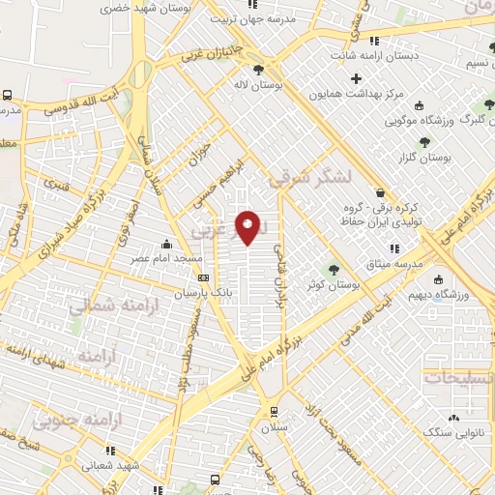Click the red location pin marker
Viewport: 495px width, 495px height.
click(x=248, y=227)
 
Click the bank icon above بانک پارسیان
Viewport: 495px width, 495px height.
click(x=201, y=277)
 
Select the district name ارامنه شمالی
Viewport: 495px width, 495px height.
click(x=105, y=306)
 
